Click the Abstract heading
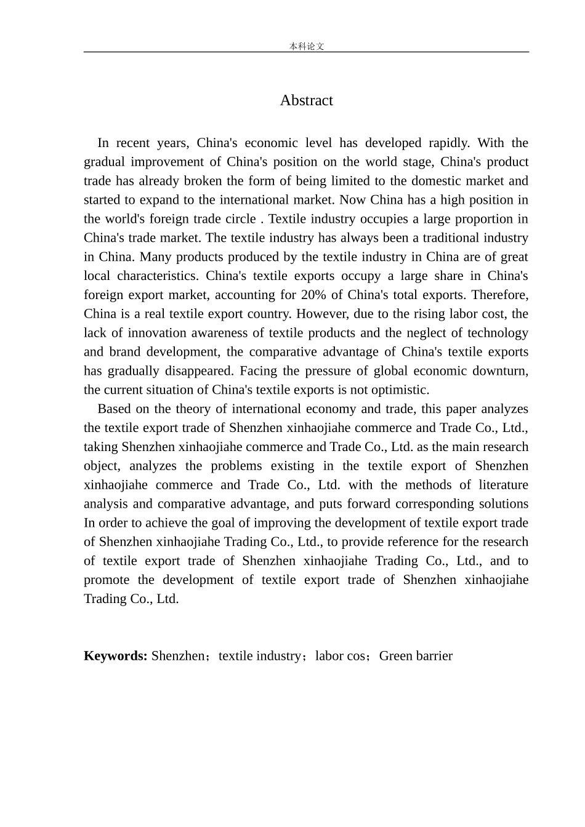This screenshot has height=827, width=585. [x=306, y=100]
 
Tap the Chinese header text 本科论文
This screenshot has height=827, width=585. [x=306, y=46]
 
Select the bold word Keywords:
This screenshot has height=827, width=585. [x=115, y=656]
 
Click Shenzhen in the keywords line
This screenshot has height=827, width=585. [x=178, y=656]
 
